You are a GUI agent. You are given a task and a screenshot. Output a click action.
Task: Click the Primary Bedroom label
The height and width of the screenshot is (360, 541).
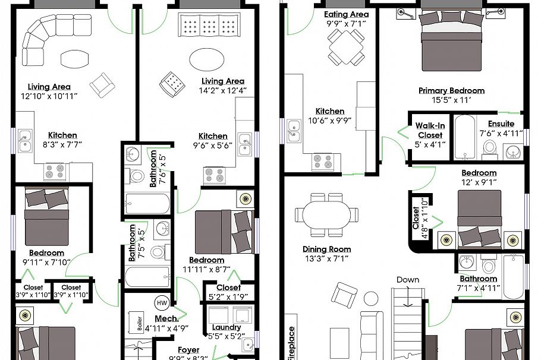click(x=451, y=91)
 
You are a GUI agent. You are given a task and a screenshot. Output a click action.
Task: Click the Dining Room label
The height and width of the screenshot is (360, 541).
click(x=326, y=250)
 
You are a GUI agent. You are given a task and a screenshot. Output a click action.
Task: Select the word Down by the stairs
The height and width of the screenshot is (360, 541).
click(x=408, y=280)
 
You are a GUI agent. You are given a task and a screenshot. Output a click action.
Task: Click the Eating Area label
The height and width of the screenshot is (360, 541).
click(x=347, y=14)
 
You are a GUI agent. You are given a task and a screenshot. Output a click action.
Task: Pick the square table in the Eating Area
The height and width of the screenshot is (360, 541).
click(x=345, y=43)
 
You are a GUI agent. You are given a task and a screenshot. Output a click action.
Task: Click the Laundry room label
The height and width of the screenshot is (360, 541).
click(x=227, y=327)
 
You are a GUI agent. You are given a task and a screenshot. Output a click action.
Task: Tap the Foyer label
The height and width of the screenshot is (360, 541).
click(x=188, y=350)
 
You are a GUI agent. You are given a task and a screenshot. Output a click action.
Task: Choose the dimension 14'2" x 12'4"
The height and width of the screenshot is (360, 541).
click(x=223, y=90)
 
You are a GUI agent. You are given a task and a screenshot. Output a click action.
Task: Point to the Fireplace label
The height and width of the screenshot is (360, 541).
click(x=291, y=343)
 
